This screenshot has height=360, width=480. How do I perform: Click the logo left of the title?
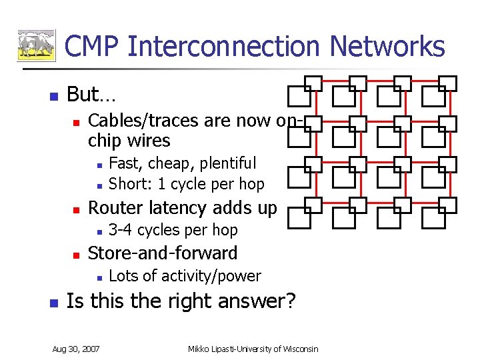(x=36, y=45)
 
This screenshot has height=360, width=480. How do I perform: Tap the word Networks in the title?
(x=387, y=46)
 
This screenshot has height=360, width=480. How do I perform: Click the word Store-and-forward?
(x=163, y=253)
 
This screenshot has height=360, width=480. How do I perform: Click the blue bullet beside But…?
(x=54, y=95)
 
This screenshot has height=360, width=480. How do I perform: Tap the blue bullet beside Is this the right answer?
(x=54, y=302)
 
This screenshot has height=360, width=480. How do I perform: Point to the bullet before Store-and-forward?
(x=76, y=255)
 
